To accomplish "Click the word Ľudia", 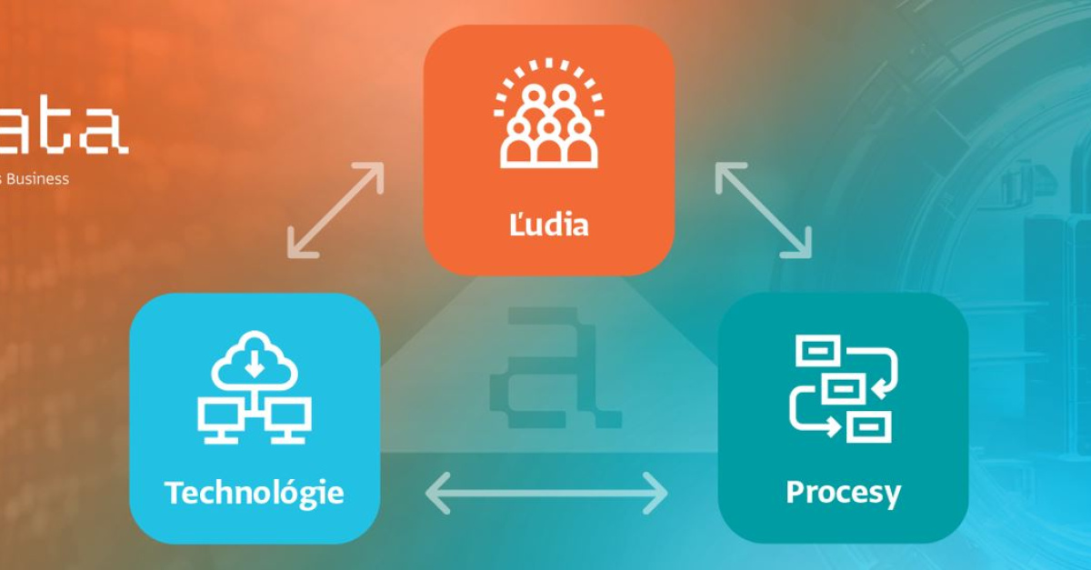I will (x=548, y=224).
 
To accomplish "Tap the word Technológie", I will (x=255, y=493).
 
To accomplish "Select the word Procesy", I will (x=843, y=492).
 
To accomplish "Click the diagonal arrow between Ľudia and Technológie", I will (x=335, y=210).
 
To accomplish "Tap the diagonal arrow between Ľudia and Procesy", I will (x=763, y=210).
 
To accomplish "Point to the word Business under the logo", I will (x=42, y=179).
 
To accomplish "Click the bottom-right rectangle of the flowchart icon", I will (x=869, y=425).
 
